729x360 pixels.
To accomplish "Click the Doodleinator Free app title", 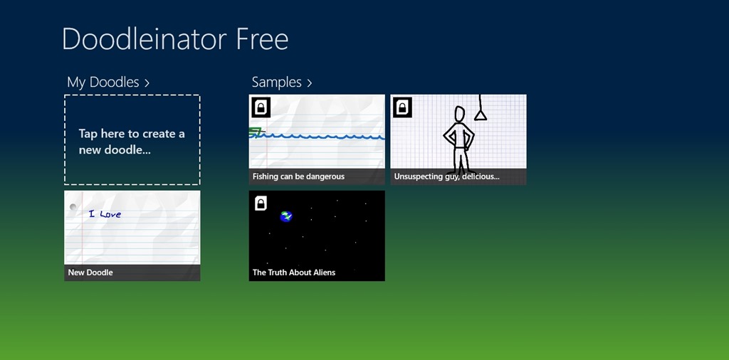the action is (175, 39).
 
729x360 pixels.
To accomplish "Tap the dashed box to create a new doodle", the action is (132, 140).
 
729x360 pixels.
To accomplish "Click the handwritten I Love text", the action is (105, 213).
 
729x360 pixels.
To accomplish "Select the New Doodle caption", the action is (90, 272).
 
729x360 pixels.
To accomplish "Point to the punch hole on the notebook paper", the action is (73, 207).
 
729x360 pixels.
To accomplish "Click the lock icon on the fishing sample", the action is (261, 107).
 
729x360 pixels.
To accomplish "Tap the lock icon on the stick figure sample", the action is (403, 107).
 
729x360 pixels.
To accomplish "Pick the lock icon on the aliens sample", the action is (261, 203).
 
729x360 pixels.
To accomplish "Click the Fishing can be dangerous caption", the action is (298, 176).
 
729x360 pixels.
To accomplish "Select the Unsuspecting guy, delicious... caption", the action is (447, 176).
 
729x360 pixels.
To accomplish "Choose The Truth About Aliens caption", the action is (294, 272).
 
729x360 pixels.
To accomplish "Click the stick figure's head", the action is (459, 114).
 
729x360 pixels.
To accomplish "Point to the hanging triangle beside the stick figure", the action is (481, 115).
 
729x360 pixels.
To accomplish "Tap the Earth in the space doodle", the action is (286, 216).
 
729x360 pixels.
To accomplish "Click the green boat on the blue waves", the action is (256, 132).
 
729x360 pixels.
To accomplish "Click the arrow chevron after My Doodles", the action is (147, 83).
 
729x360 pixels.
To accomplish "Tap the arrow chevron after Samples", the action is (310, 83).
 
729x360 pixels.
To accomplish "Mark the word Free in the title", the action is (262, 39).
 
